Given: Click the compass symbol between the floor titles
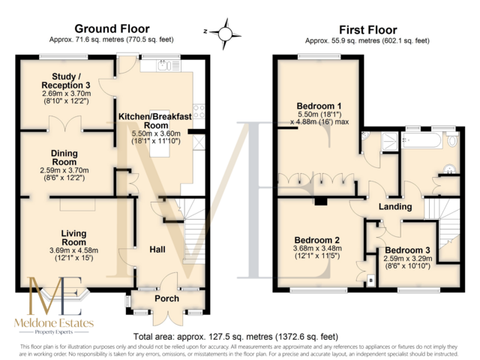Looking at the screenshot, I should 224,33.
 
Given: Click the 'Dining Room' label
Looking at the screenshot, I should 64,157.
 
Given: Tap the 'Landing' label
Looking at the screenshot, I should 394,207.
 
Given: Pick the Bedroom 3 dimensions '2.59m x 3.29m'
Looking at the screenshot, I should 409,259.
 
